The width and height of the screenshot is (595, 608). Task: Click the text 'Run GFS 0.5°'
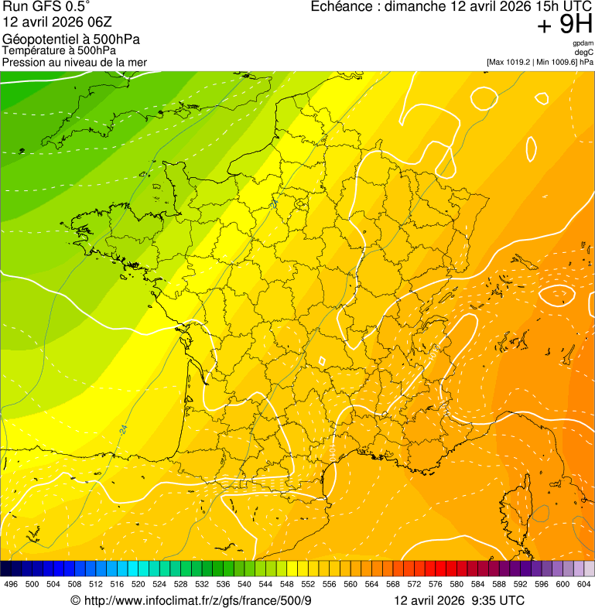coord(46,7)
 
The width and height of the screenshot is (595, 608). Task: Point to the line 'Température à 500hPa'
coord(59,50)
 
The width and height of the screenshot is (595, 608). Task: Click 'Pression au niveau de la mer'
coord(74,62)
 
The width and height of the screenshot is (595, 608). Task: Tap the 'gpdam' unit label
coord(583,43)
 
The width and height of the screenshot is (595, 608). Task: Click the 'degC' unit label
coord(583,52)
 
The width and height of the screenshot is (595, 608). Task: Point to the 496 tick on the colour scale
coord(11,584)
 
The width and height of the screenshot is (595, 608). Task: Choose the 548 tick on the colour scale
coord(286,584)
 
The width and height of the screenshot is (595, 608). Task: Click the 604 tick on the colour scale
coord(583,584)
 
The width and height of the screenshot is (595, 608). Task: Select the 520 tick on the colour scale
coord(138,584)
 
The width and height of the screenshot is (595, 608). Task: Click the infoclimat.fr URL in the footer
coord(197,600)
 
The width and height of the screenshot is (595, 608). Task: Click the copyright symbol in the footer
coord(75,600)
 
